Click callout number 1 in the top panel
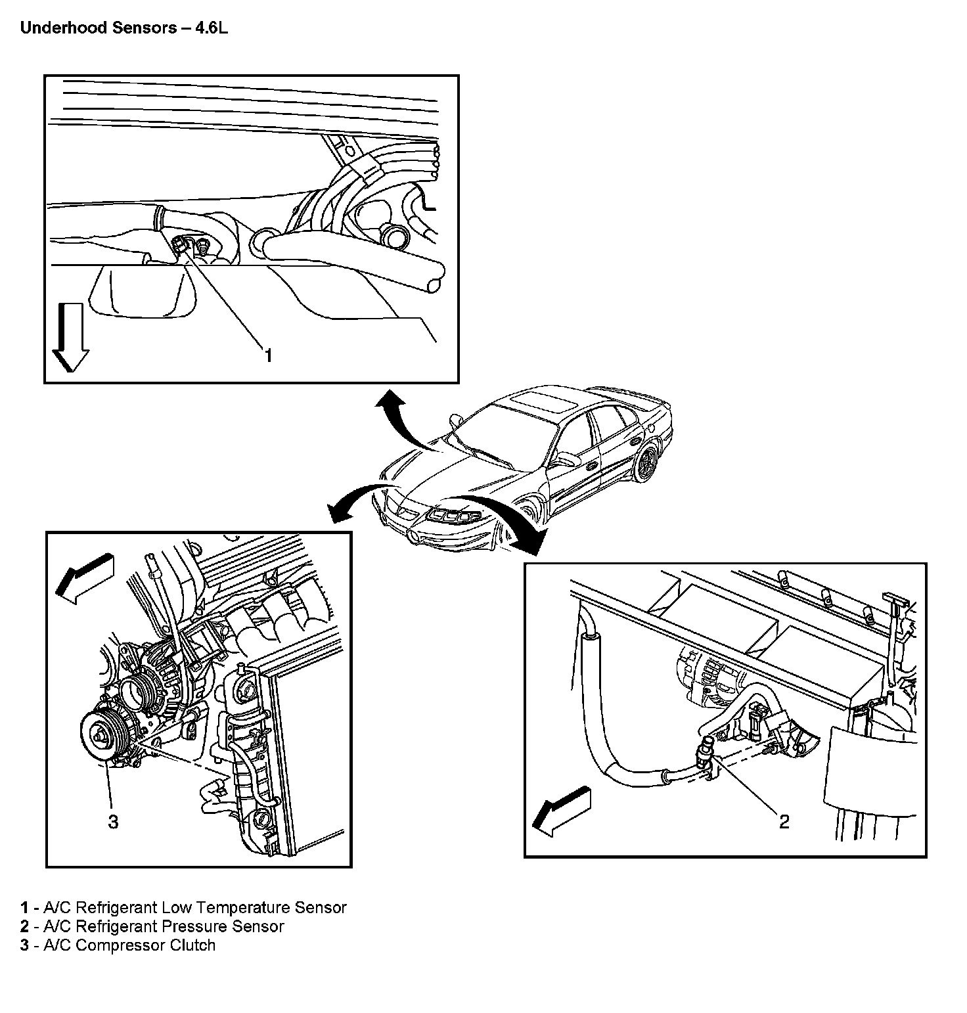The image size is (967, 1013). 267,355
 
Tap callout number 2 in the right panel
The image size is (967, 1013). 784,821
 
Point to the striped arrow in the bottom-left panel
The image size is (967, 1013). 83,577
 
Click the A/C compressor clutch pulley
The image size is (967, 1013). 101,736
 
